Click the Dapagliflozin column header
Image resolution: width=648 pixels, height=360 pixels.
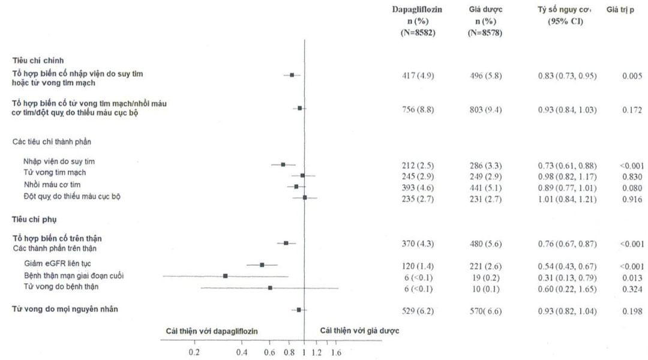tap(418, 10)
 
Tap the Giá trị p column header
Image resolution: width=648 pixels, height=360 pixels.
tap(620, 10)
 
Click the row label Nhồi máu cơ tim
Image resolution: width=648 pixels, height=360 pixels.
tap(52, 184)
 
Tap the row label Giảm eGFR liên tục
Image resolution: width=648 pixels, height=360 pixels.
tap(58, 263)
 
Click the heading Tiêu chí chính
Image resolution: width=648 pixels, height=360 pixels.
tap(39, 60)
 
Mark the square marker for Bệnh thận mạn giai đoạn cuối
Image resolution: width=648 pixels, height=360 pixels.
tap(225, 276)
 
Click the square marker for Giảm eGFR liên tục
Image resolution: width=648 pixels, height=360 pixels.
tap(262, 265)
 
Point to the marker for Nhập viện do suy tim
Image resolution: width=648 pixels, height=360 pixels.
tap(283, 164)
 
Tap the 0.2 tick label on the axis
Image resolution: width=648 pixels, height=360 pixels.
tap(194, 352)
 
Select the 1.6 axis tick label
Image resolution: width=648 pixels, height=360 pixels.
tap(336, 352)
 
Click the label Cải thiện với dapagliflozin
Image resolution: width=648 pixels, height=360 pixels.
tap(213, 331)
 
